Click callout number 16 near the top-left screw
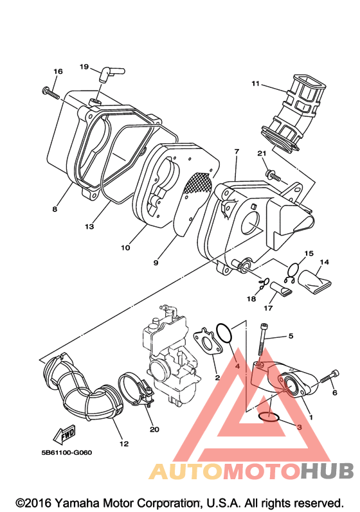[x=58, y=71]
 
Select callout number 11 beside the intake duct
[x=255, y=84]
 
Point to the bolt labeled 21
[x=274, y=175]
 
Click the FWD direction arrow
[x=65, y=435]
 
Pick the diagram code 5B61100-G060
[x=67, y=452]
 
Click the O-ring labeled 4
[x=224, y=333]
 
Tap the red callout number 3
[x=299, y=427]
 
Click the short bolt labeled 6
[x=329, y=376]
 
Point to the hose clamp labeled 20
[x=136, y=390]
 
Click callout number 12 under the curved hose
[x=124, y=444]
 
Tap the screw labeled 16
[x=51, y=93]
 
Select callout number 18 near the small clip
[x=251, y=299]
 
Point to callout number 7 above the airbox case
[x=237, y=152]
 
